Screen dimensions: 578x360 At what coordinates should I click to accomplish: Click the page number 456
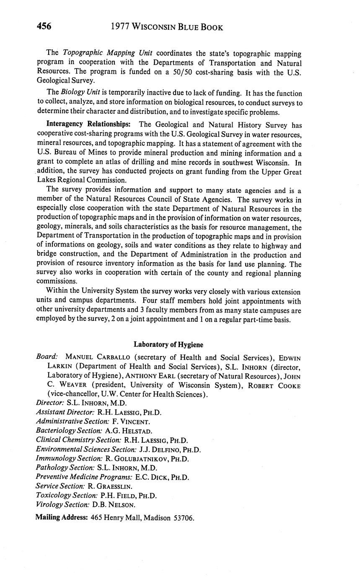pos(44,26)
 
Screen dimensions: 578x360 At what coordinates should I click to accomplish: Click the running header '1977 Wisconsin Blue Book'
pos(167,27)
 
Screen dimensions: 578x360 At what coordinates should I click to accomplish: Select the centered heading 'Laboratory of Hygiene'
pos(168,344)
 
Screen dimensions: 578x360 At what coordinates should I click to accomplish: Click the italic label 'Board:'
pos(47,357)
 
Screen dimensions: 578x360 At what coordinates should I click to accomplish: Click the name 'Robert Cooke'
pos(275,385)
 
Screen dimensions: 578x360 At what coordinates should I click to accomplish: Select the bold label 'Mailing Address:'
pos(61,518)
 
